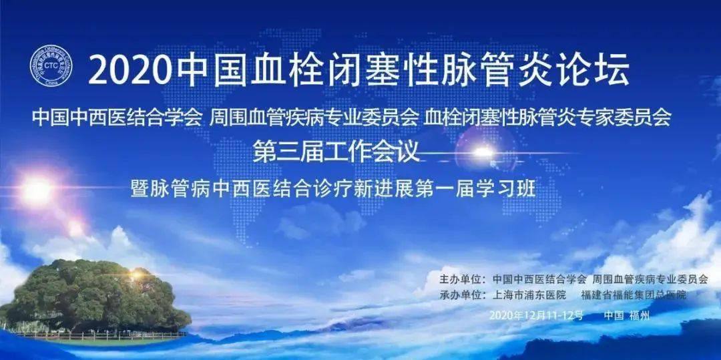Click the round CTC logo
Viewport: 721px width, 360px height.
51,66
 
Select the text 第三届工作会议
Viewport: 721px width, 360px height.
336,152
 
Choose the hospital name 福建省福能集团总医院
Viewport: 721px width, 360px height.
634,295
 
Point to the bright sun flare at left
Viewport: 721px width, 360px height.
37,190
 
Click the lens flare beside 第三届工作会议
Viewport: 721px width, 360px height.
483,152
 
